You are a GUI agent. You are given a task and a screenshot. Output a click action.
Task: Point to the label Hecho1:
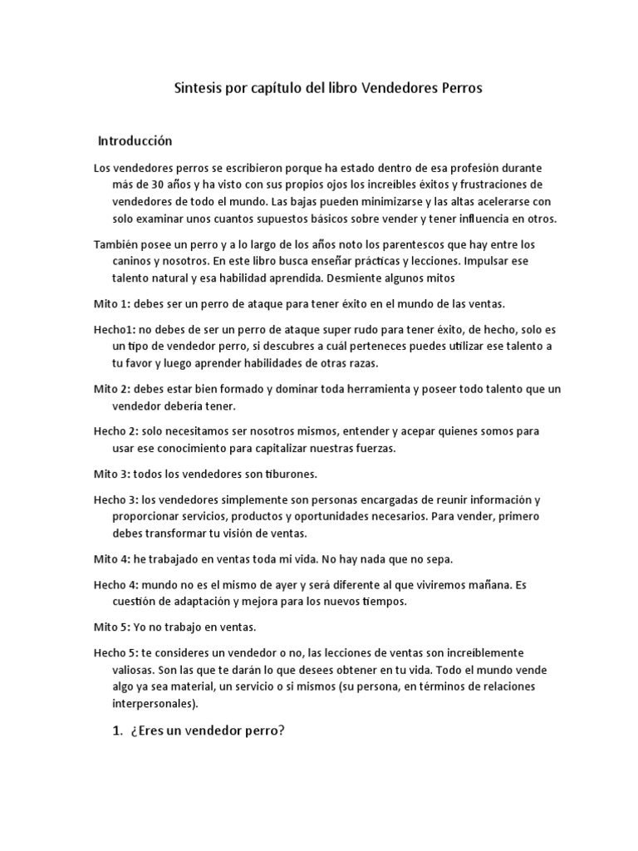115,328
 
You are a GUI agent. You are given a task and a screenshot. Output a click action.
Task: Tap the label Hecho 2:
115,431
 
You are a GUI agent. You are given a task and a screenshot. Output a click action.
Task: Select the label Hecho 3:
115,499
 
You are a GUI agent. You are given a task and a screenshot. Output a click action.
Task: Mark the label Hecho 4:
115,584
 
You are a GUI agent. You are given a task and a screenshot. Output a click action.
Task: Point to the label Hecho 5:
115,652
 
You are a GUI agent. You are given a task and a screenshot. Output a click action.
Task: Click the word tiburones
290,474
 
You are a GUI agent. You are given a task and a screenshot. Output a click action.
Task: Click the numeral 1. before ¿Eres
115,730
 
